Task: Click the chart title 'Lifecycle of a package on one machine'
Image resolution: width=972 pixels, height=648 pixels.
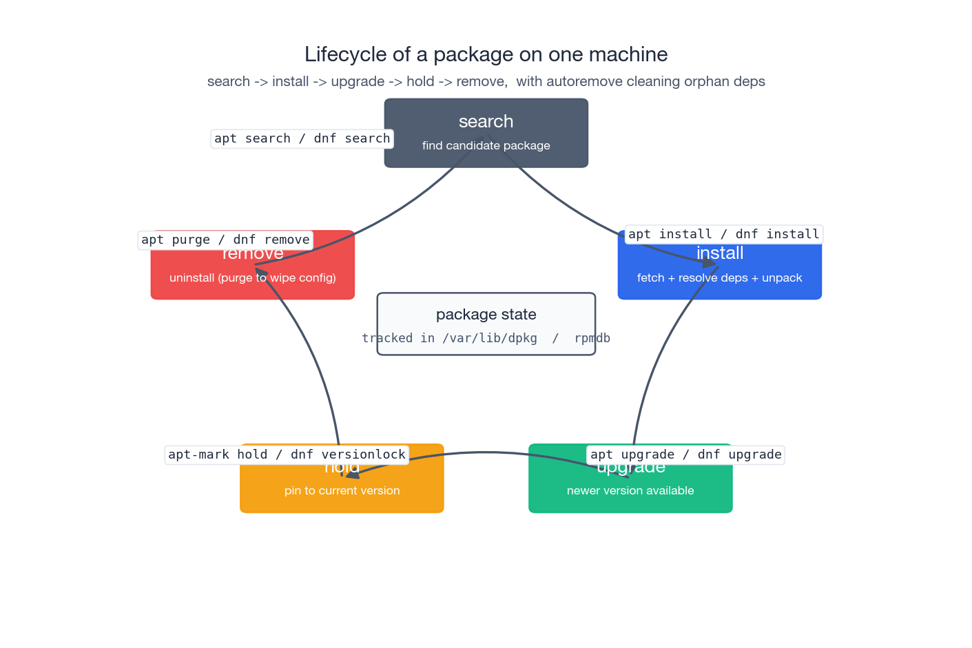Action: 486,54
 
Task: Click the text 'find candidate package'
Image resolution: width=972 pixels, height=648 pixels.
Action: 486,145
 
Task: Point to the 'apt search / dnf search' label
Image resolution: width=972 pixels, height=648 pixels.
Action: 302,138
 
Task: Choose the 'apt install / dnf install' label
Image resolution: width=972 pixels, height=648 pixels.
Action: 723,234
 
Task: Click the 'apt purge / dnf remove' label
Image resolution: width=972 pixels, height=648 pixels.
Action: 225,240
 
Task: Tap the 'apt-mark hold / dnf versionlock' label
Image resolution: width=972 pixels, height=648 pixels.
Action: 287,454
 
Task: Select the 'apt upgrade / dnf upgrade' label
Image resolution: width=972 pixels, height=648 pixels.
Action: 685,454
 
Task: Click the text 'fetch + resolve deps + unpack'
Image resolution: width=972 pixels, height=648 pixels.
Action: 719,278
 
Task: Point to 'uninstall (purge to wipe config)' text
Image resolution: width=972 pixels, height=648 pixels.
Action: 252,278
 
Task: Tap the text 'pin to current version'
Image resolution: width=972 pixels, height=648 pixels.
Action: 342,490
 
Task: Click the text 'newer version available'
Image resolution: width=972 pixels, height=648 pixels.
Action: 630,490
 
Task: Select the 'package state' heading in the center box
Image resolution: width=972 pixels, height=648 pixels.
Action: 486,314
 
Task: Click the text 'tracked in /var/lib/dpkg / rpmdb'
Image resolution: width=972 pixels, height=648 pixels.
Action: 486,338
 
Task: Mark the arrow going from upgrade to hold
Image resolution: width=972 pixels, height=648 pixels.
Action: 486,452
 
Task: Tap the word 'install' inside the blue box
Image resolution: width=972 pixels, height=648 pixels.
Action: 719,253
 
